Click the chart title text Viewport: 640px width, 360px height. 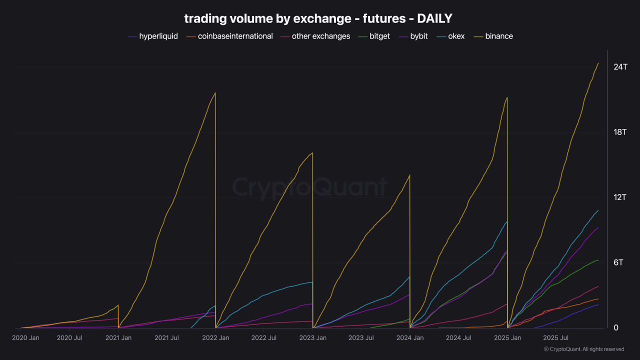(318, 18)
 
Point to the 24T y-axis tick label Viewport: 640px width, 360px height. (620, 67)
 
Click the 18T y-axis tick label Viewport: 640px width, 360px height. (620, 132)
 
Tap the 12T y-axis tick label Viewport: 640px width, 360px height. (620, 197)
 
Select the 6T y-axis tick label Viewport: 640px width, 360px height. (618, 262)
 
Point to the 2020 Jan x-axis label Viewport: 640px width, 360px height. (25, 338)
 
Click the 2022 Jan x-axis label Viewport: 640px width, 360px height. (216, 338)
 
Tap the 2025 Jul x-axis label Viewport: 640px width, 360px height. (556, 338)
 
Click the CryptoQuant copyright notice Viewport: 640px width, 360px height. (583, 349)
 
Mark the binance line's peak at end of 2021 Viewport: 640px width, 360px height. (215, 93)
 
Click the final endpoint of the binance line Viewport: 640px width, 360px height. (598, 63)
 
